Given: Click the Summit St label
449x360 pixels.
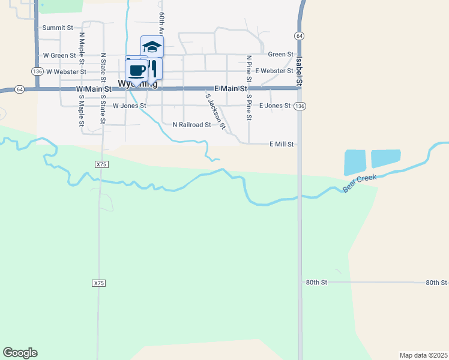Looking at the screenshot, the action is pyautogui.click(x=58, y=28).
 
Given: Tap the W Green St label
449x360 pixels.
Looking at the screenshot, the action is pyautogui.click(x=59, y=55).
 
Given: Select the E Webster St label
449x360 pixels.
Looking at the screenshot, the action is pyautogui.click(x=274, y=71).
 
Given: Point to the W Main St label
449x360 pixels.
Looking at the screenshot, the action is pyautogui.click(x=94, y=89).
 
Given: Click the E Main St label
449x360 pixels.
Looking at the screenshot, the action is pyautogui.click(x=231, y=89).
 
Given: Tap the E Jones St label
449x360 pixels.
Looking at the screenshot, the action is pyautogui.click(x=275, y=106).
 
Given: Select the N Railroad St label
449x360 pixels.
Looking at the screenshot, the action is pyautogui.click(x=191, y=125).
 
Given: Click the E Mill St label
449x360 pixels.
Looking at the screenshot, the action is pyautogui.click(x=282, y=144).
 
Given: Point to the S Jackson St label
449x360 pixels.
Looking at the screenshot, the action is pyautogui.click(x=215, y=112).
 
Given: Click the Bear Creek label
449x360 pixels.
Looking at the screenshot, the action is pyautogui.click(x=360, y=184).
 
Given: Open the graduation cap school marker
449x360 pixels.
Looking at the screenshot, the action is pyautogui.click(x=152, y=46).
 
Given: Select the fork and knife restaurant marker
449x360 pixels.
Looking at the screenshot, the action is pyautogui.click(x=153, y=67).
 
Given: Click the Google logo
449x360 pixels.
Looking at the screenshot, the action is pyautogui.click(x=20, y=353).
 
